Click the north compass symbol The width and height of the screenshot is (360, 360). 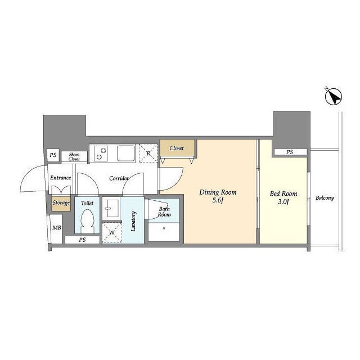pos(334,97)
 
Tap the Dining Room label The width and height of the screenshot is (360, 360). pos(218,192)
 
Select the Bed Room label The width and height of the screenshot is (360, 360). pos(283,193)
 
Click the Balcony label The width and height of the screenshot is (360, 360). pos(325,198)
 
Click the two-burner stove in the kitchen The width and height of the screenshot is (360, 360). pos(101,154)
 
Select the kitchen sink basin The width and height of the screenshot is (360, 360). pos(126,153)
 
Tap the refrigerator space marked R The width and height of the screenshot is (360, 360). pos(148,153)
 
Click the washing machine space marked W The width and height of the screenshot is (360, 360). pos(112,233)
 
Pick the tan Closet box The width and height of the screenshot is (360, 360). pos(177,148)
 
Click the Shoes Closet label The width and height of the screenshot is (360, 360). pos(74,156)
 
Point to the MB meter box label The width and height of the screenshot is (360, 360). pos(57,228)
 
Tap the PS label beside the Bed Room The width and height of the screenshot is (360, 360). pos(290,152)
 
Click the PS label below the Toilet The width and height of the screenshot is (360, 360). pos(82,240)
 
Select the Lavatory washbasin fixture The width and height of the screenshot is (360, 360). pos(111,209)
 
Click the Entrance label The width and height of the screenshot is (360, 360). pos(60,178)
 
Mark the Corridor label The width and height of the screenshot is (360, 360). pos(119,178)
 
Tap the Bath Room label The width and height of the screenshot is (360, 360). pos(164,211)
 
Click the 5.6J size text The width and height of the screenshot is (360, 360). pos(218,200)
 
